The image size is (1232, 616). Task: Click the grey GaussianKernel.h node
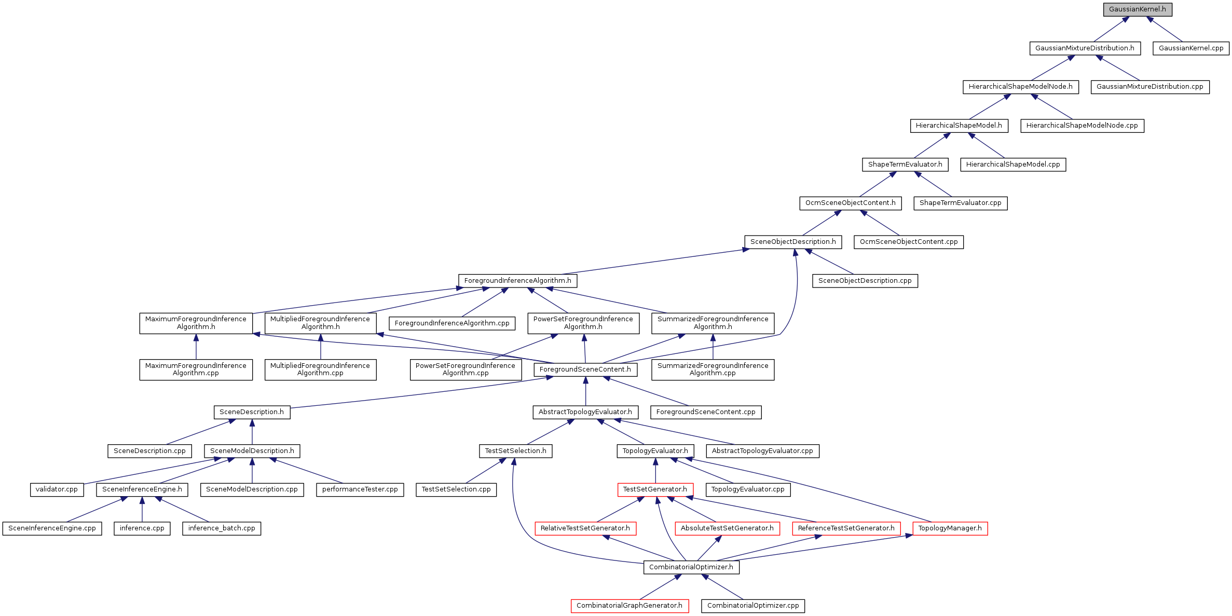point(1137,9)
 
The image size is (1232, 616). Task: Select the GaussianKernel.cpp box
point(1190,48)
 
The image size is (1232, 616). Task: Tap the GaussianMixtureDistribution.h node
point(1085,48)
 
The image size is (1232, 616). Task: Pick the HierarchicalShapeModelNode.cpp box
point(1082,126)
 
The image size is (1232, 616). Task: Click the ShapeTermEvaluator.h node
point(905,165)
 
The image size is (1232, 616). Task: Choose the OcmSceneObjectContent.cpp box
point(909,242)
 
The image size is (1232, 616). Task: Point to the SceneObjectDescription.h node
point(793,242)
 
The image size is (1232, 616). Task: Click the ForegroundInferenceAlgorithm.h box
point(517,281)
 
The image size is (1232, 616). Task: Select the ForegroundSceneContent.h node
point(585,369)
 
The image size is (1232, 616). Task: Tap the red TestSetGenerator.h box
point(655,489)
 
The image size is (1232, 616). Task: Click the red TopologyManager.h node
point(950,528)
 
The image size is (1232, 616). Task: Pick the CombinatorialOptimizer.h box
point(691,567)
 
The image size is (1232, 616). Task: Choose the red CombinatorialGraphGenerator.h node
point(629,606)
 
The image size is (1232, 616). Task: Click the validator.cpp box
point(57,489)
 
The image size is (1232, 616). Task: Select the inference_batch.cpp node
point(222,528)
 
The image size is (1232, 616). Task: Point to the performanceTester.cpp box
point(360,489)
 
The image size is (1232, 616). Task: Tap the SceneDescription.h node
point(252,412)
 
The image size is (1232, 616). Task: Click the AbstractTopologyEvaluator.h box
point(585,412)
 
